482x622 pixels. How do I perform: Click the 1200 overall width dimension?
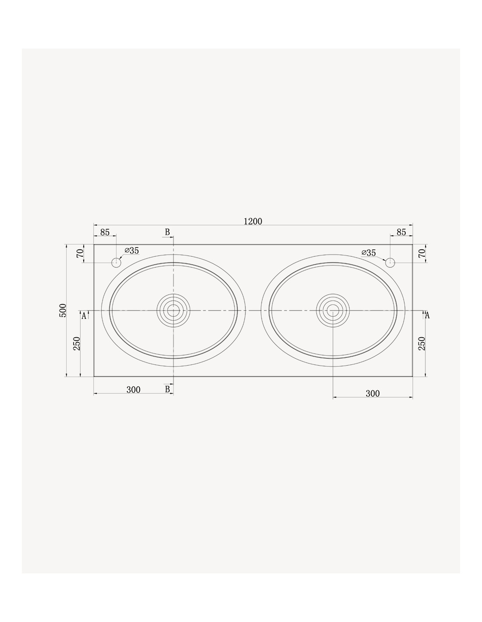[253, 221]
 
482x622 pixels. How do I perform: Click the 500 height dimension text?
[63, 310]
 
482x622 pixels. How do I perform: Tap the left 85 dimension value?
[105, 232]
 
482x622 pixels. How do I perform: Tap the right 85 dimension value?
[401, 232]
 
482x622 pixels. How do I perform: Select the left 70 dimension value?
[80, 253]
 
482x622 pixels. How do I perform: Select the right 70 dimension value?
[422, 253]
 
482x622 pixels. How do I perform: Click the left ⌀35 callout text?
[131, 251]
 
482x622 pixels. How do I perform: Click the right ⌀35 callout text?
[369, 253]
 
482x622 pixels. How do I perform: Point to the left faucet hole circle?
[116, 262]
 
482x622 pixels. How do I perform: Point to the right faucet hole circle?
[390, 262]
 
